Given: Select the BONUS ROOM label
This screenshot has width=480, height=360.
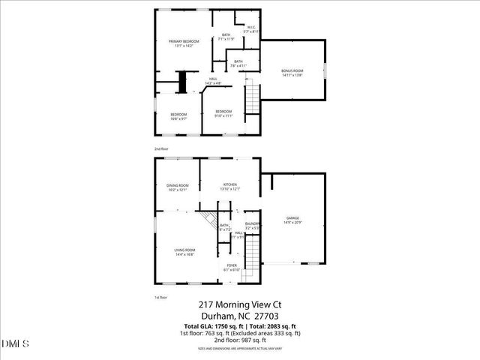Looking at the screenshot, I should [292, 70].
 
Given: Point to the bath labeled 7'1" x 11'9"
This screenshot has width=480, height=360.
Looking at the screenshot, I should [226, 37].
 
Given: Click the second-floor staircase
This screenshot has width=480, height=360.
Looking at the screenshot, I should [253, 97].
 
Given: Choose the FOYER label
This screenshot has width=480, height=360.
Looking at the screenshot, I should [232, 265].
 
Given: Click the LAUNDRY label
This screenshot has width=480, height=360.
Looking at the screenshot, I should [253, 223].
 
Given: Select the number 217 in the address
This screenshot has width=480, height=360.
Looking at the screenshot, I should [208, 304].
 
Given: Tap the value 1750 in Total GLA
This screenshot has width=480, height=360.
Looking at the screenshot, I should [222, 328].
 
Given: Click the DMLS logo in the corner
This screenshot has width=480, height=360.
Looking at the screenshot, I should [15, 344].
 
